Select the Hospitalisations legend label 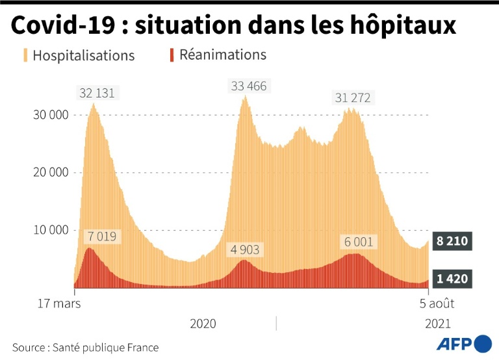(83, 55)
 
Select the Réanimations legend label (223, 55)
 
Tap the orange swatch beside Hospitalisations (26, 55)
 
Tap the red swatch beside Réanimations (172, 55)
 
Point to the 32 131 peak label (97, 93)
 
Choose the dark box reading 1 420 (450, 279)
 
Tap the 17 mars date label (59, 303)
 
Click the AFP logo (463, 343)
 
